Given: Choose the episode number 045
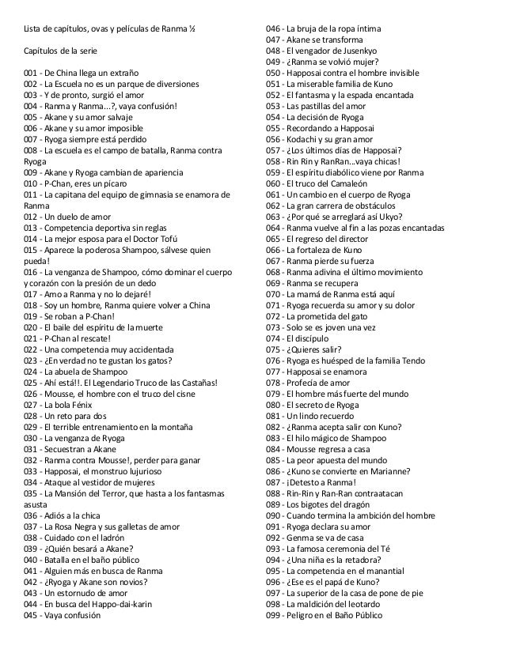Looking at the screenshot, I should (x=33, y=615).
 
